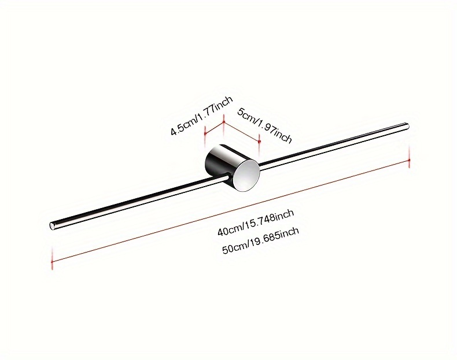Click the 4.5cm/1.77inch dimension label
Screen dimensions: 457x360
[202, 115]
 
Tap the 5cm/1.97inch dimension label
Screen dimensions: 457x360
[264, 125]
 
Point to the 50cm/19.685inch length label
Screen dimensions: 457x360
[260, 240]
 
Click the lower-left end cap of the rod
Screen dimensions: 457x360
[53, 226]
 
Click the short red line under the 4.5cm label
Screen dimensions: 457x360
[215, 128]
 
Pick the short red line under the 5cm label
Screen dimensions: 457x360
[242, 132]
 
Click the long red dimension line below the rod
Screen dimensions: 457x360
[231, 210]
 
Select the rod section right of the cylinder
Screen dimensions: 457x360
[334, 146]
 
